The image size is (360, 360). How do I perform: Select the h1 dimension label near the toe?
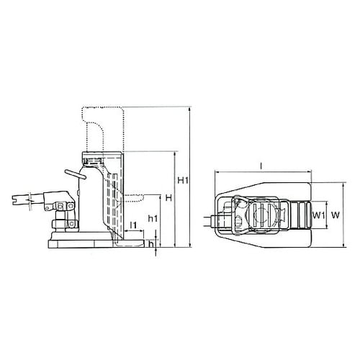(152, 218)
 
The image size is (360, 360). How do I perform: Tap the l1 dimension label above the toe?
(134, 226)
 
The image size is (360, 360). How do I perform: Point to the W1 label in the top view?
(318, 215)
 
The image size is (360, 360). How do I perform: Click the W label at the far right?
(334, 215)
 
